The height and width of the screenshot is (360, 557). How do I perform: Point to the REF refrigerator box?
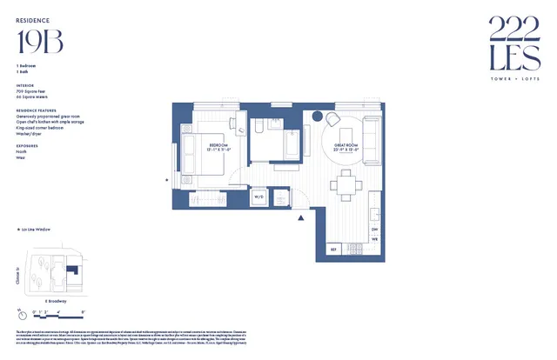(x=332, y=250)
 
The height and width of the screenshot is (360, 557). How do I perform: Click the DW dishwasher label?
(x=375, y=230)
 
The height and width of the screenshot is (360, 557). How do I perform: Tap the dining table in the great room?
(x=346, y=183)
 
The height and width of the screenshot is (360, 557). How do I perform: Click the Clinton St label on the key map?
(x=18, y=277)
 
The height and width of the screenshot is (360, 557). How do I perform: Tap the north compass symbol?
(x=21, y=310)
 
